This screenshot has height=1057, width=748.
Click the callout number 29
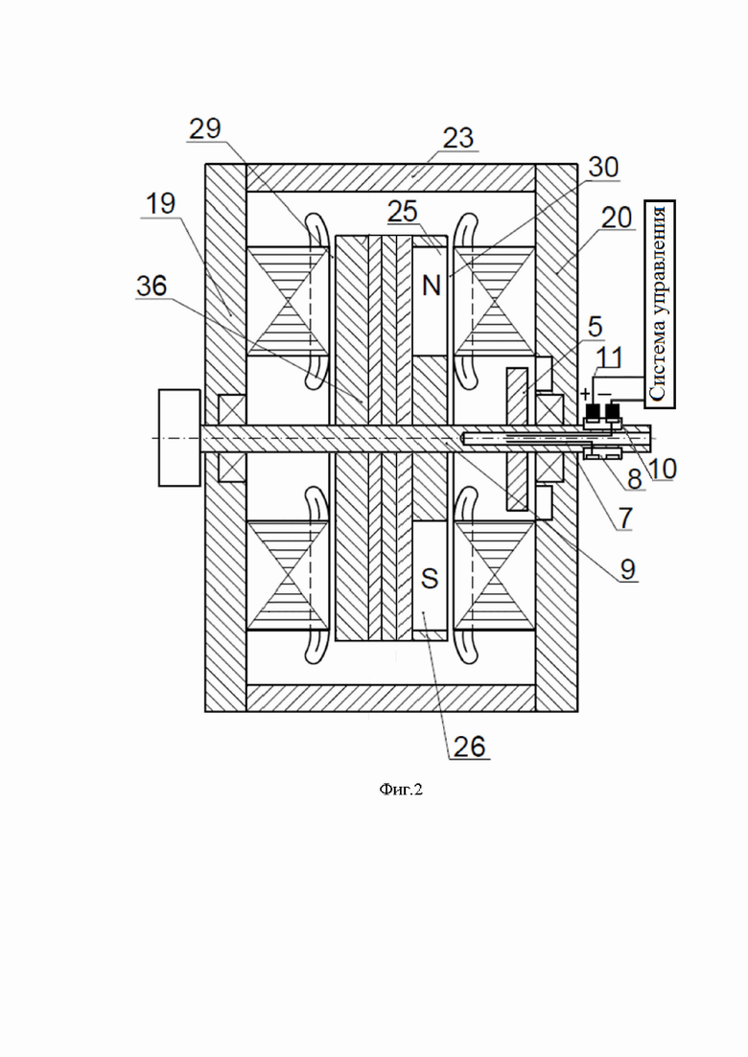click(x=205, y=128)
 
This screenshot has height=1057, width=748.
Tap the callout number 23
click(x=458, y=138)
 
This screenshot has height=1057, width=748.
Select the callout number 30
click(x=602, y=167)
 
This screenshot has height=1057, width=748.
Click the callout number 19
click(x=160, y=203)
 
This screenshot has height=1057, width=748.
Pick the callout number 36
click(x=152, y=286)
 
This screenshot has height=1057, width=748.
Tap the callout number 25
click(x=403, y=213)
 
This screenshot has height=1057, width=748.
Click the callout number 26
click(x=469, y=747)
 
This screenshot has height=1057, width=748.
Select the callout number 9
click(x=627, y=569)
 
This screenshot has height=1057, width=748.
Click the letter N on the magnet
click(x=432, y=286)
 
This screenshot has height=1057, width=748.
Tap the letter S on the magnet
click(x=430, y=579)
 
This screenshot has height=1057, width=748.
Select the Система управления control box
click(x=660, y=303)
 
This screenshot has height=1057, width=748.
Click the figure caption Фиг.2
click(x=401, y=790)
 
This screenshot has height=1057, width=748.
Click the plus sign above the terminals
click(x=585, y=392)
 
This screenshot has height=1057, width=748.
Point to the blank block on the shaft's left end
click(x=179, y=437)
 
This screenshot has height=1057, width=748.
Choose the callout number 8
click(x=634, y=480)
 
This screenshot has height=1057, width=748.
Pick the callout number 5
click(x=595, y=326)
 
